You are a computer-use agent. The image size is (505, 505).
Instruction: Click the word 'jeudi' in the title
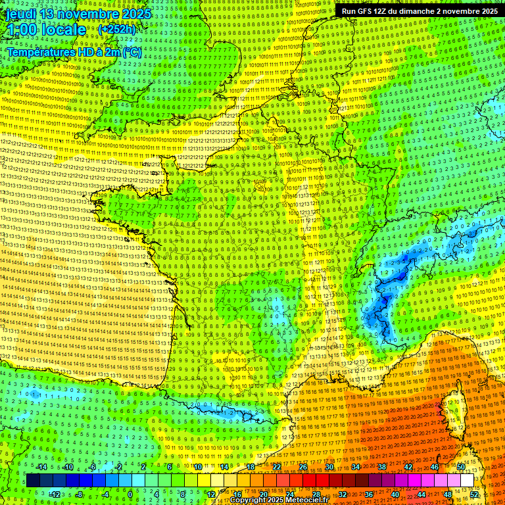pyautogui.click(x=20, y=14)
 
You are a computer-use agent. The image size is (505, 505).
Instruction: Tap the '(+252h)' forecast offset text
pyautogui.click(x=116, y=29)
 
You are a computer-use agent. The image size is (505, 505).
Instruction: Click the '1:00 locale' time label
pyautogui.click(x=47, y=30)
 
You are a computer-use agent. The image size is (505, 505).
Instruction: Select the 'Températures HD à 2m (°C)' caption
pyautogui.click(x=74, y=52)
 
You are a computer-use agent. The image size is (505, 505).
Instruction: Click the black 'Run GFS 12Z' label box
pyautogui.click(x=419, y=11)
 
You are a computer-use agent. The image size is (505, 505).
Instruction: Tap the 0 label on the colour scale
pyautogui.click(x=130, y=494)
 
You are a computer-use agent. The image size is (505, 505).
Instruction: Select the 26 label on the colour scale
pyautogui.click(x=303, y=467)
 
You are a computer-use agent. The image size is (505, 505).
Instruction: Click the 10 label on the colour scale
pyautogui.click(x=197, y=467)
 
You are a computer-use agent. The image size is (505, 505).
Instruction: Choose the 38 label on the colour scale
pyautogui.click(x=382, y=467)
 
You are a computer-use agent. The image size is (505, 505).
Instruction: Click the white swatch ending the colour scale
pyautogui.click(x=468, y=481)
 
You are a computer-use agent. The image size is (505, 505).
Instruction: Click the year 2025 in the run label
pyautogui.click(x=485, y=11)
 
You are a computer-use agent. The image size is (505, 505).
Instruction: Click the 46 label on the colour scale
pyautogui.click(x=435, y=467)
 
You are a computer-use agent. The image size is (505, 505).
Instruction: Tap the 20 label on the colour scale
pyautogui.click(x=264, y=494)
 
